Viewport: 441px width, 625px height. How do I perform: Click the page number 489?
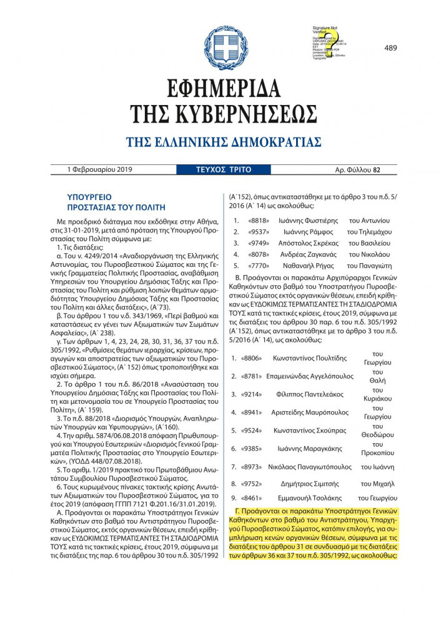point(391,31)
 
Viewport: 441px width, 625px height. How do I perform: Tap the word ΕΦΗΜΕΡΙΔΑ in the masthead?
point(220,89)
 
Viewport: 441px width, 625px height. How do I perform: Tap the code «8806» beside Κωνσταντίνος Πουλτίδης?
point(251,358)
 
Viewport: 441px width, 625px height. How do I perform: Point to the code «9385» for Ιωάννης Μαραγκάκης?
point(251,448)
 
